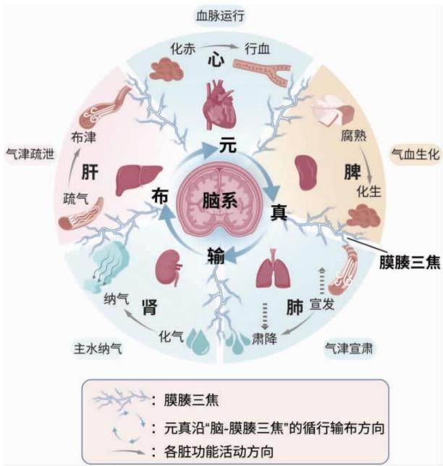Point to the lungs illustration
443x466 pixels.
[x=273, y=269]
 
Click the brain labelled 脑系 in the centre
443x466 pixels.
[x=220, y=201]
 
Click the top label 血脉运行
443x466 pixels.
[x=220, y=15]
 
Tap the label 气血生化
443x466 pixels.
[x=415, y=154]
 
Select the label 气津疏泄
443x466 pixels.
[x=30, y=154]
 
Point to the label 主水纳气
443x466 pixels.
[x=98, y=348]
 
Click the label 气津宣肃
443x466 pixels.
[x=349, y=348]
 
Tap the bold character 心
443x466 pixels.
[x=216, y=60]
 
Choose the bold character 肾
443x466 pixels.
[x=150, y=307]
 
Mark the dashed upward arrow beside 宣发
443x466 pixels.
[x=322, y=281]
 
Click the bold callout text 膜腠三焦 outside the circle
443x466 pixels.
[x=410, y=263]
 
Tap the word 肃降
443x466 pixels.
[x=264, y=338]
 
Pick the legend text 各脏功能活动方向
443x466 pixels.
[x=219, y=452]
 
